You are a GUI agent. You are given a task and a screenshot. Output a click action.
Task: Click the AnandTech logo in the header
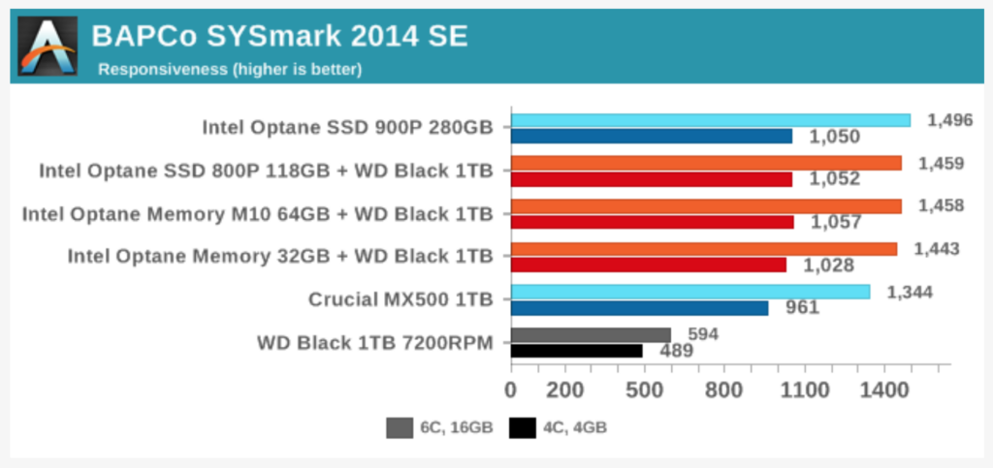[x=47, y=46]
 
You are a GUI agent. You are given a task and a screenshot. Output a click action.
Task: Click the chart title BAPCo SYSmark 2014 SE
[x=279, y=37]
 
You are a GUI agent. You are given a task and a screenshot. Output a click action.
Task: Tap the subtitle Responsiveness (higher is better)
[x=230, y=70]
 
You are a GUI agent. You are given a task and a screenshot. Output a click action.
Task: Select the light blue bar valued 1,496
[x=711, y=120]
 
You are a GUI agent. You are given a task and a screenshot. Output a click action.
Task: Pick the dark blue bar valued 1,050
[x=652, y=136]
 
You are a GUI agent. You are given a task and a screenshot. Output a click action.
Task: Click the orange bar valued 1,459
[x=706, y=163]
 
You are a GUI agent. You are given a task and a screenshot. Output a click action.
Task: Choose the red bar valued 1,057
[x=653, y=222]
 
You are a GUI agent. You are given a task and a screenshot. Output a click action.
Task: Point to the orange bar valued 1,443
[x=704, y=249]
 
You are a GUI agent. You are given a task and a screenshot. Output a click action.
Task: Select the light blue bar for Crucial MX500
[x=690, y=292]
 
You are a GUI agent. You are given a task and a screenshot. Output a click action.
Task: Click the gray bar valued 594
[x=591, y=334]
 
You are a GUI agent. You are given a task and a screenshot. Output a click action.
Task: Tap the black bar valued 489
[x=577, y=351]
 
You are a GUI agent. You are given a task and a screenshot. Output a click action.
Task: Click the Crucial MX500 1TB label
[x=400, y=299]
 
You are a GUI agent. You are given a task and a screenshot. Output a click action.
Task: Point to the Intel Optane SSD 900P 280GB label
[x=347, y=128]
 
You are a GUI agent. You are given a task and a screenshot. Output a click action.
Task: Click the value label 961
[x=802, y=308]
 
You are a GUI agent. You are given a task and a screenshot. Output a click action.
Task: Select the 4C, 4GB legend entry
[x=558, y=427]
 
